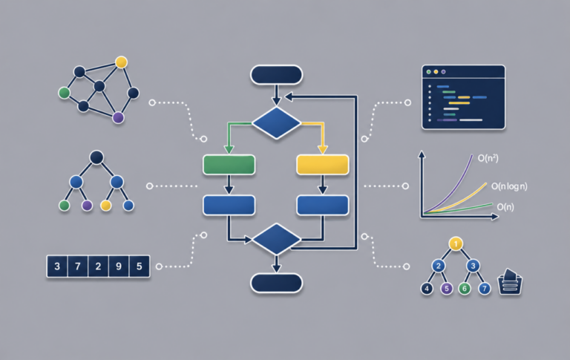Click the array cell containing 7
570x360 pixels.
coord(77,266)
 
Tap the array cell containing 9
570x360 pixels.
coord(119,266)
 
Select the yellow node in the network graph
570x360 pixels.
coord(121,62)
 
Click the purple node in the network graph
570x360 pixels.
coord(118,117)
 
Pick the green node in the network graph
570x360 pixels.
coord(65,93)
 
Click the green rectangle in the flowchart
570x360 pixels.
coord(229,165)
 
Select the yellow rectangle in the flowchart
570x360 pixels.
coord(323,165)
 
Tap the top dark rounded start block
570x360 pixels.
coord(276,75)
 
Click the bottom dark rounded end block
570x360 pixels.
coord(276,283)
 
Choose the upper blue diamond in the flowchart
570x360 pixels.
coord(276,123)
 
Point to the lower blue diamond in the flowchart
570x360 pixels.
coord(276,239)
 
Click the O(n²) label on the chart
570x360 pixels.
coord(488,158)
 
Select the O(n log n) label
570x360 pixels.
coord(509,186)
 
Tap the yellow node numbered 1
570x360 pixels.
coord(456,243)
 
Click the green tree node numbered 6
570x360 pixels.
coord(464,289)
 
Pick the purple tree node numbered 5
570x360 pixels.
coord(446,289)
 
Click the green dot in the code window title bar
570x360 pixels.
coord(428,72)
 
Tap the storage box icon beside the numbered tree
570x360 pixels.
coord(510,282)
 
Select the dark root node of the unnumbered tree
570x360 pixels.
coord(96,157)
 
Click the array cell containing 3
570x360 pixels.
coord(57,266)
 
